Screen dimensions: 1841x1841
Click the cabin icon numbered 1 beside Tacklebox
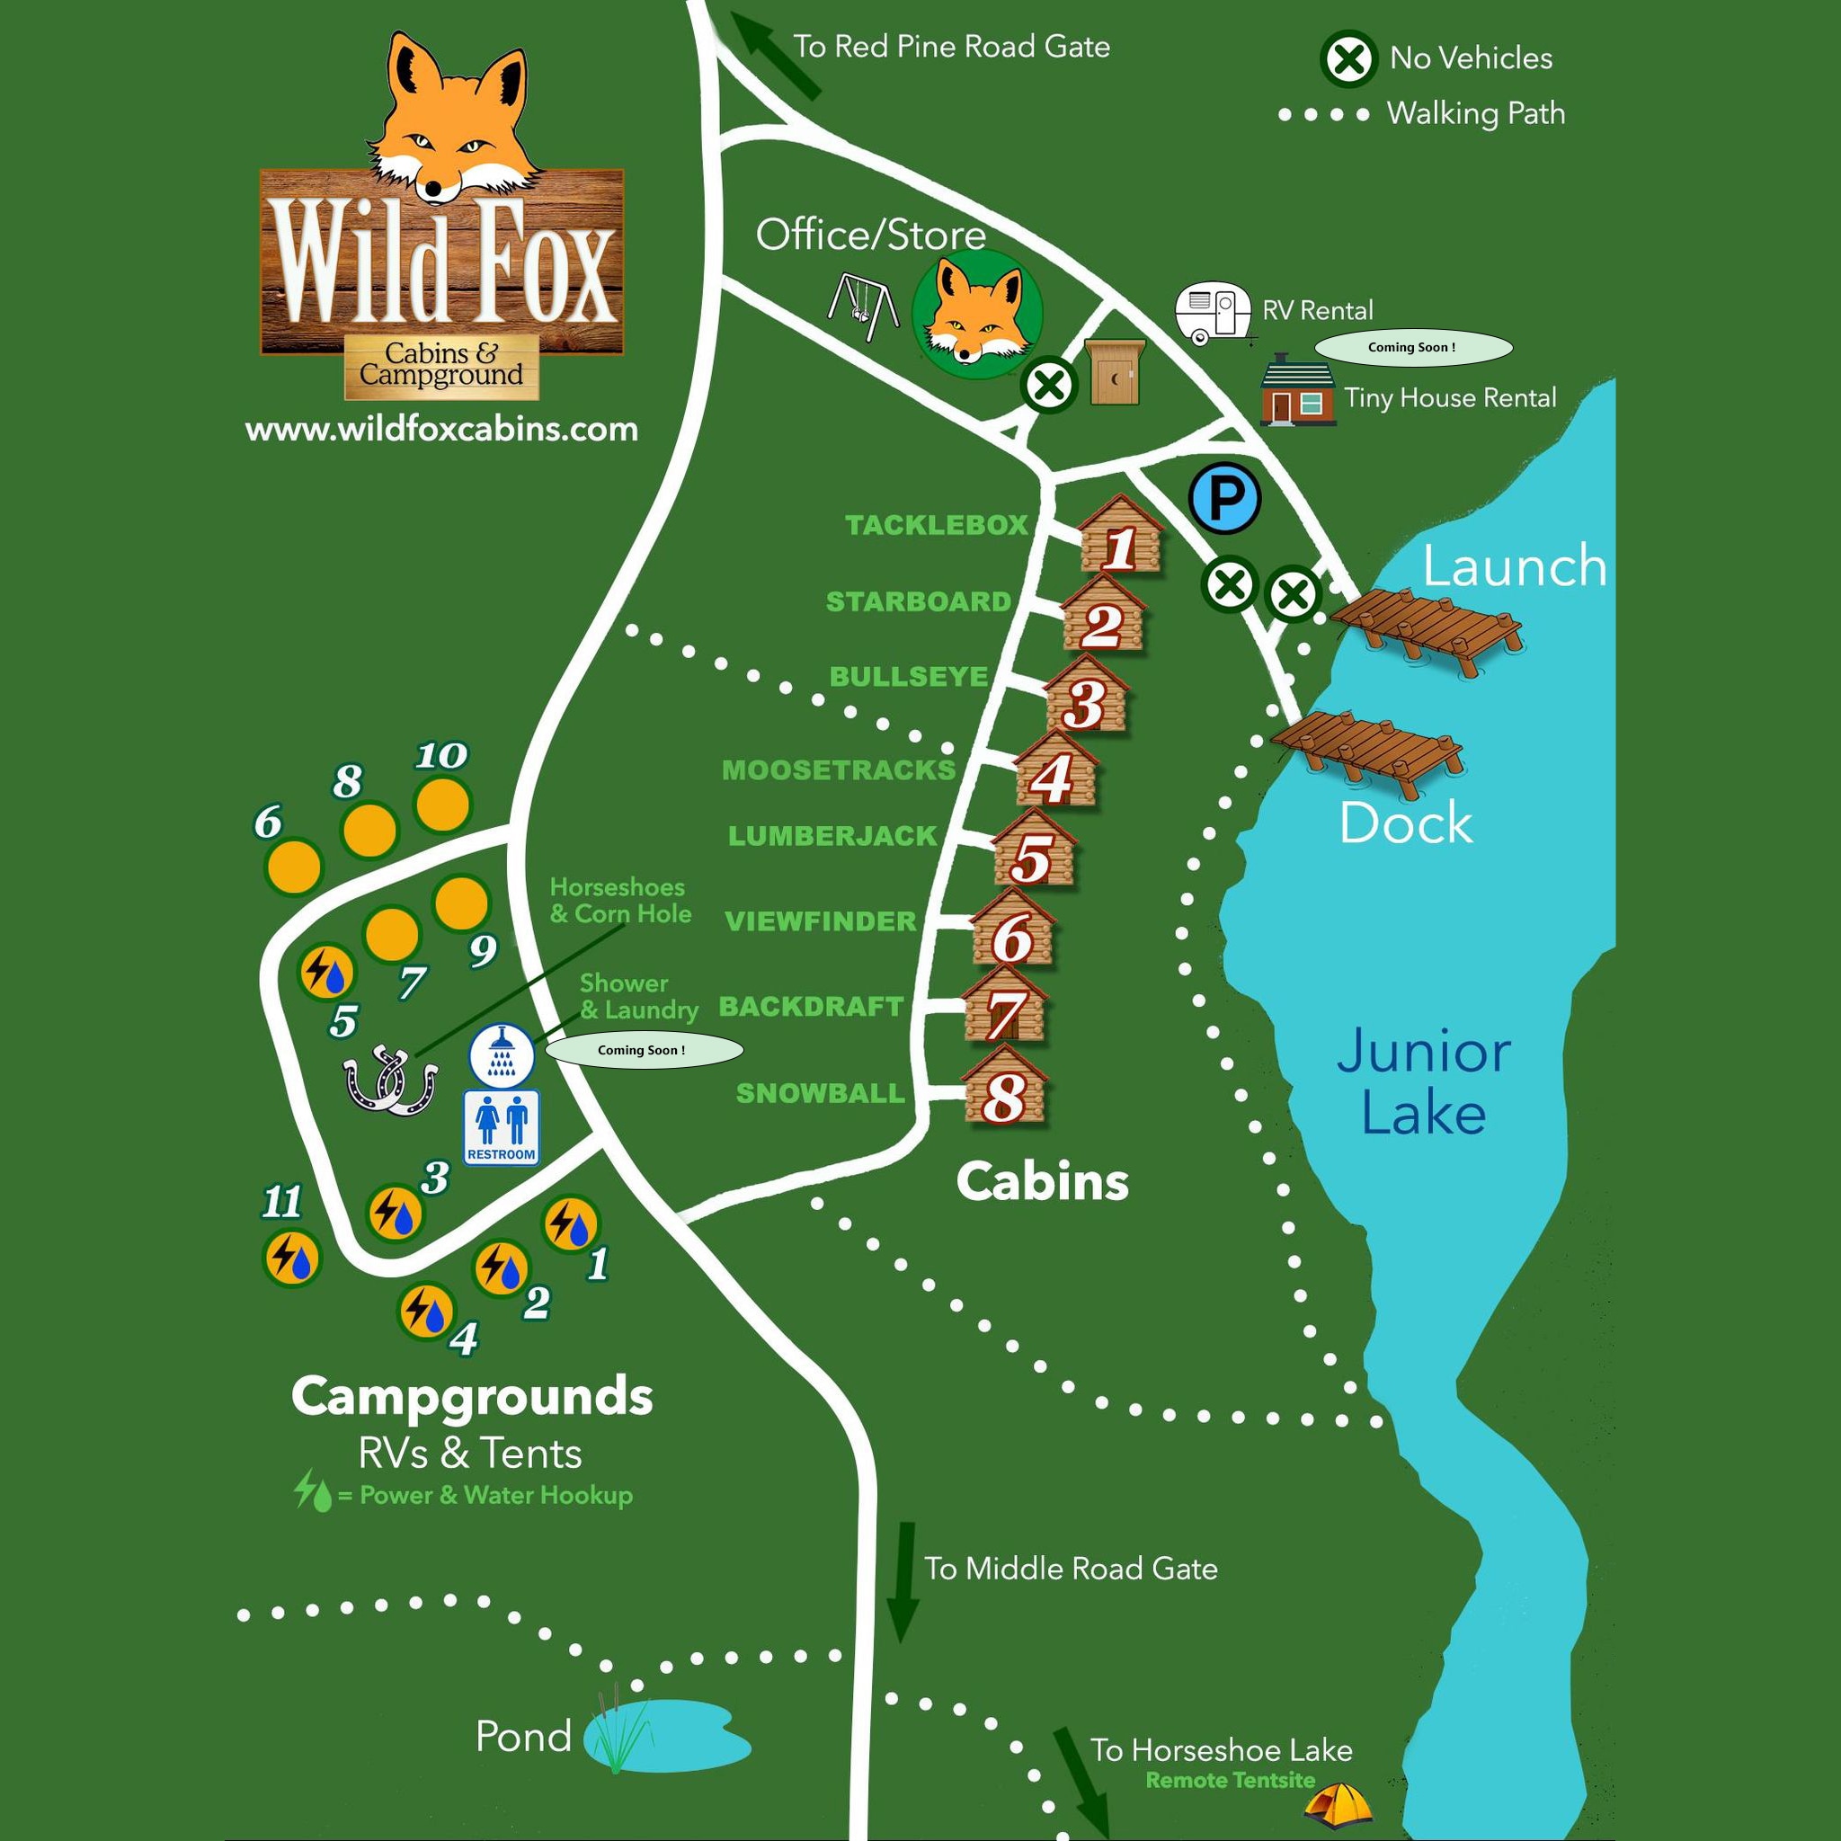click(1121, 539)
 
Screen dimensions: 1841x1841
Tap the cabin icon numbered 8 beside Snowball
click(1005, 1090)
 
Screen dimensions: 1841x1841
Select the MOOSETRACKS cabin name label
click(839, 770)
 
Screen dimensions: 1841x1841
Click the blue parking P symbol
click(1225, 497)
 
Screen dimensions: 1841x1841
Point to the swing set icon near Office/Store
click(862, 306)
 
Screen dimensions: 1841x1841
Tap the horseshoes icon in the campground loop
click(390, 1081)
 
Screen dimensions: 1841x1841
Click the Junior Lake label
click(1423, 1083)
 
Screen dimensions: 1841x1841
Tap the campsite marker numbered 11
click(291, 1258)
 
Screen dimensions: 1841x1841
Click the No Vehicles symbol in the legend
click(1348, 60)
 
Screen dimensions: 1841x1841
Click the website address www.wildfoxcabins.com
click(441, 429)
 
